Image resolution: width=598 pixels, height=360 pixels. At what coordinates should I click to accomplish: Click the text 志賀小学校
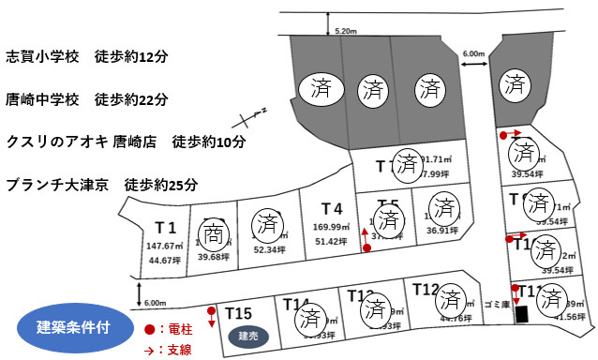click(43, 56)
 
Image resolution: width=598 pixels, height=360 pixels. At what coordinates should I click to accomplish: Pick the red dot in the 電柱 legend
click(150, 330)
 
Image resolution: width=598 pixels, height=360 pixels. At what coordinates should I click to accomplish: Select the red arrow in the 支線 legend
click(150, 347)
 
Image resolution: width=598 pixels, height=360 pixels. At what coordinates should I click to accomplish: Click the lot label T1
click(166, 228)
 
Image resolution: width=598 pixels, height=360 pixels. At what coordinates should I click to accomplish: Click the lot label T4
click(331, 208)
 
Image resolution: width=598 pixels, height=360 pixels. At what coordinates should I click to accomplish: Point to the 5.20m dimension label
click(346, 31)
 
